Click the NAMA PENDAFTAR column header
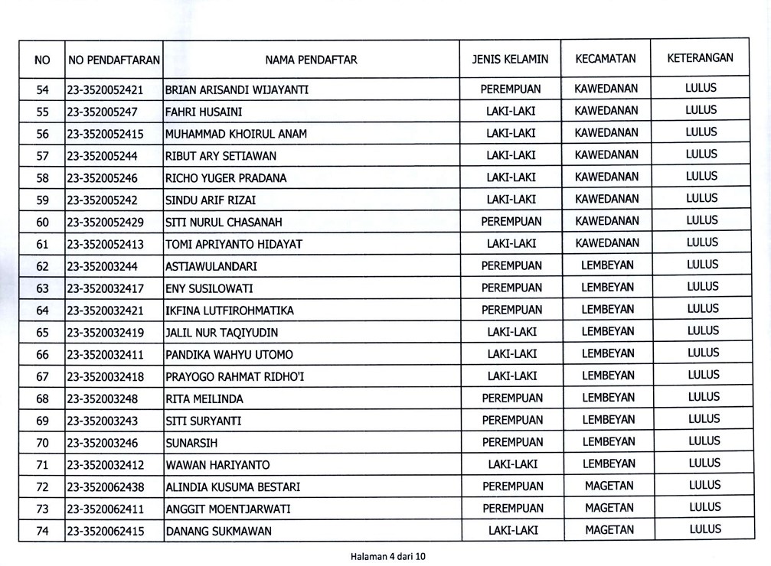point(311,60)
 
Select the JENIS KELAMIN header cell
point(511,60)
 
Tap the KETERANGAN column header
point(701,58)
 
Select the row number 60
point(43,223)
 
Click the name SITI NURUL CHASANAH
point(224,223)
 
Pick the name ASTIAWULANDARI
point(211,267)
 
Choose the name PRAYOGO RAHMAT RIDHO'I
point(230,377)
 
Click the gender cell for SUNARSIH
point(511,442)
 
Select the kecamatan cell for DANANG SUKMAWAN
point(609,530)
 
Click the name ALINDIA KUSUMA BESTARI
point(233,487)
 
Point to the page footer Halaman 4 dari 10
point(387,556)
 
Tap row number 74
point(43,531)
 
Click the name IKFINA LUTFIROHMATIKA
point(230,311)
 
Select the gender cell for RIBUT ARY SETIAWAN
point(511,156)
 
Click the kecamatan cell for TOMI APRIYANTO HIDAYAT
point(606,243)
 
